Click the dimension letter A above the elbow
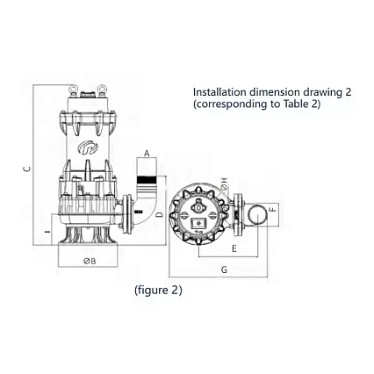pyautogui.click(x=147, y=154)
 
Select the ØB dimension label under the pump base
pyautogui.click(x=89, y=261)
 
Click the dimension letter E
pyautogui.click(x=234, y=249)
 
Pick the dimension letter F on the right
pyautogui.click(x=274, y=211)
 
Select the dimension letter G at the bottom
pyautogui.click(x=224, y=270)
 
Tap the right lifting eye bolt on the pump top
pyautogui.click(x=102, y=90)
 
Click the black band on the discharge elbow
pyautogui.click(x=147, y=183)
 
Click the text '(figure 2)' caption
pyautogui.click(x=158, y=290)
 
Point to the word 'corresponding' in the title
pyautogui.click(x=230, y=104)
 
